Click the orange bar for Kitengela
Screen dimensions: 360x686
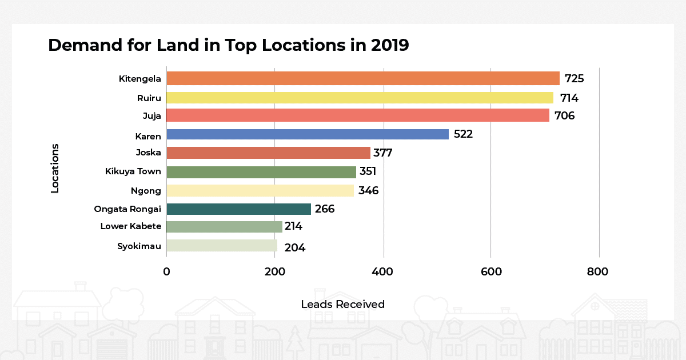tap(363, 78)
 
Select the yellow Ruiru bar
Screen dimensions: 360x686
tap(360, 98)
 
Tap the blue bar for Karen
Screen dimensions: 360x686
tap(308, 134)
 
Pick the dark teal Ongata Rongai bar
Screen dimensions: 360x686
tap(239, 209)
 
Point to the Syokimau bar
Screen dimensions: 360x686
tap(222, 246)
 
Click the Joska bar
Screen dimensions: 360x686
tap(269, 153)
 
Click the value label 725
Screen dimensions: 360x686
tap(574, 79)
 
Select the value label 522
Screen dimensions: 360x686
tap(463, 135)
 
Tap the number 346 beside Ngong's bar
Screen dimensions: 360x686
tap(368, 191)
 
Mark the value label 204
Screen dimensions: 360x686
tap(294, 248)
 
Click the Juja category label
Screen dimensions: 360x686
tap(151, 116)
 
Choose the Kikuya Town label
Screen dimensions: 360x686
tap(133, 171)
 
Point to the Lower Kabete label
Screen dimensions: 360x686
tap(131, 226)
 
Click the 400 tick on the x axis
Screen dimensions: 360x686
tap(383, 271)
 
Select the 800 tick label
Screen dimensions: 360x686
tap(598, 271)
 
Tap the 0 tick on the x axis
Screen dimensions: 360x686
tap(166, 271)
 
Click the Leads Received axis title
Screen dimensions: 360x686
tap(342, 305)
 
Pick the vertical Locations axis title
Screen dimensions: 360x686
tap(55, 168)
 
